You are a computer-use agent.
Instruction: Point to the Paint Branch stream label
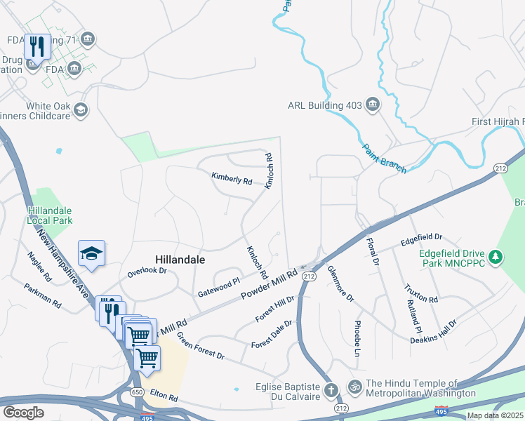tap(384, 156)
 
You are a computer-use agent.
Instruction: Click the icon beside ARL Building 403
tap(373, 106)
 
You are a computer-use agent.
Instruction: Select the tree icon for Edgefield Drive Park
tap(496, 258)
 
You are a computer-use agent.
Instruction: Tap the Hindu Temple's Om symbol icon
tap(355, 387)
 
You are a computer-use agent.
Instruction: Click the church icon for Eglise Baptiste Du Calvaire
tap(333, 388)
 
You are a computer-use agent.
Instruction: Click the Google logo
tap(23, 412)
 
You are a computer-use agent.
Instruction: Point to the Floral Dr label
tap(372, 252)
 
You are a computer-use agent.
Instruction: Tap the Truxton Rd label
tap(421, 293)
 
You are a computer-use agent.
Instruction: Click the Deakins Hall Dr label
tap(434, 332)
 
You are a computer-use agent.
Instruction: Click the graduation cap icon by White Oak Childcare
tap(81, 109)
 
